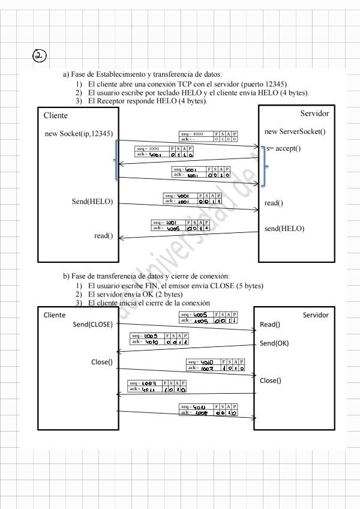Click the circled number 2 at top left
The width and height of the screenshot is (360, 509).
pos(39,56)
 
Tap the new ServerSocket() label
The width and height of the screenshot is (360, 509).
pos(295,131)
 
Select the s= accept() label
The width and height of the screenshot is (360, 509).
pos(284,148)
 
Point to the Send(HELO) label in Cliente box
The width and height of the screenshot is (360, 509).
pos(92,202)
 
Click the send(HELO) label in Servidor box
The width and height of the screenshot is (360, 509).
pos(284,229)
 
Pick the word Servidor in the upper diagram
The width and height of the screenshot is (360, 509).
pos(314,113)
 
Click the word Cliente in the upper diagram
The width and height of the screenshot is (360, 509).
pos(56,115)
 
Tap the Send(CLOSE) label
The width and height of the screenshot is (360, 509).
pos(92,325)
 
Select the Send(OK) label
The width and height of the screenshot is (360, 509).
pos(274,343)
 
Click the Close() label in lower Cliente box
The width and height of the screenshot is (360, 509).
pos(101,362)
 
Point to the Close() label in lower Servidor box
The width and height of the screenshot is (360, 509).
pos(270,381)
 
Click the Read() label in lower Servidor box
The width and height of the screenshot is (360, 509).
pos(270,325)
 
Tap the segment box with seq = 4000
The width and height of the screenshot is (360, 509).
pos(208,136)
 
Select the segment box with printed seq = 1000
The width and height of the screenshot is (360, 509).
pos(164,151)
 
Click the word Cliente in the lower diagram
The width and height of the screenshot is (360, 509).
pos(55,315)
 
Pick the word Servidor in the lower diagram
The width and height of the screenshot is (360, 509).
pos(316,315)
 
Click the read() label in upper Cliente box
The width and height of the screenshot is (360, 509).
pos(103,236)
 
